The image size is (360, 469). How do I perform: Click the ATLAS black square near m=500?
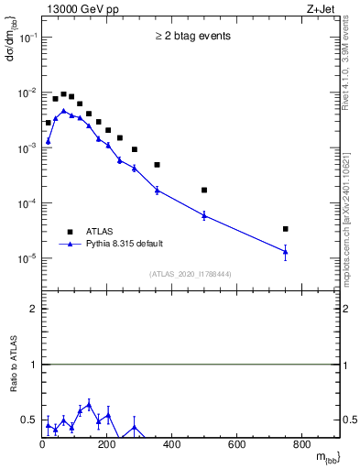204,191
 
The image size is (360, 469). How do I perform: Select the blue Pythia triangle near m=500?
204,214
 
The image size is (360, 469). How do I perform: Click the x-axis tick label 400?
171,445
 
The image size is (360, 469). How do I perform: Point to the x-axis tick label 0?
42,445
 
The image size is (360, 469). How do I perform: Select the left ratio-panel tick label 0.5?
29,420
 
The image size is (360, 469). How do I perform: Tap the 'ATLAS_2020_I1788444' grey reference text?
191,274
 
